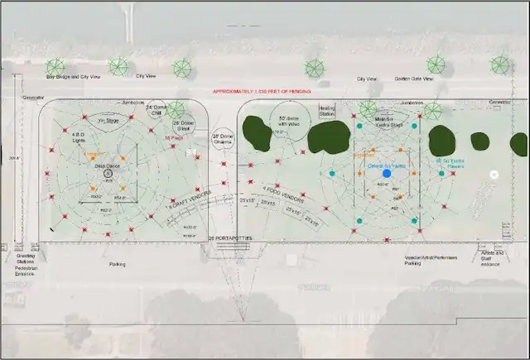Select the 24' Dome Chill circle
click(157, 109)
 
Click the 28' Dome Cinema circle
click(224, 139)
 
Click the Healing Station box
click(327, 110)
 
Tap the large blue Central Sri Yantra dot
click(386, 174)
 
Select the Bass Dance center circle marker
click(107, 175)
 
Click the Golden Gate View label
click(411, 79)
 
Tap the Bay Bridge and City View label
click(73, 76)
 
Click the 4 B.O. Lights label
click(79, 137)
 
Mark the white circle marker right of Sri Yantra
click(494, 175)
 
